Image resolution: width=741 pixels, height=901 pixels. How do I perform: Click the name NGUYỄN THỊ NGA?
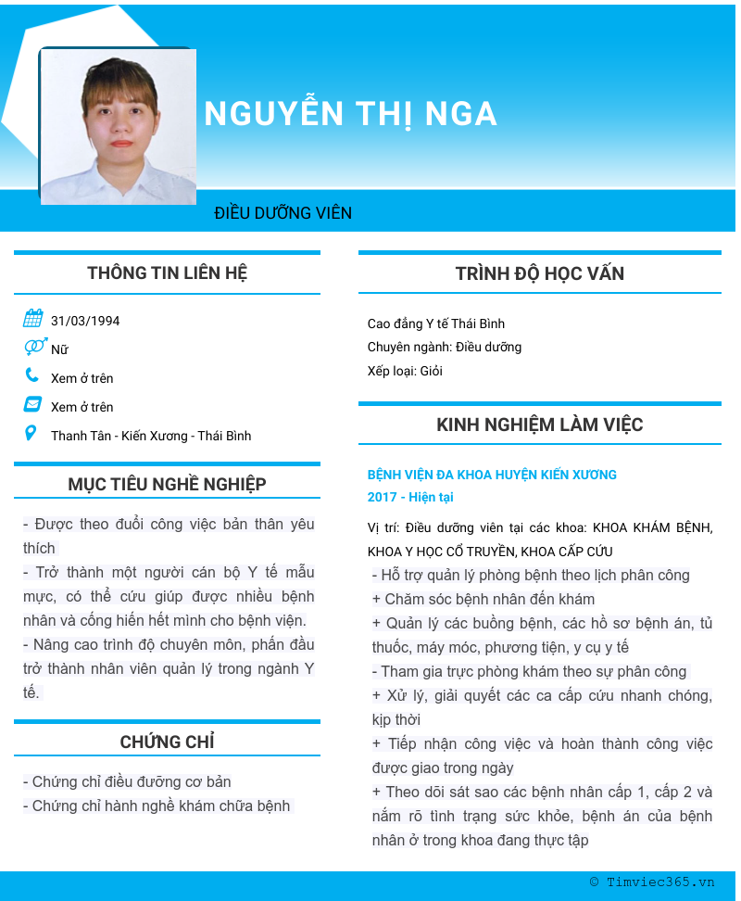[350, 114]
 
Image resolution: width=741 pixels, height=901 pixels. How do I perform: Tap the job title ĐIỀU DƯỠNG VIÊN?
[283, 213]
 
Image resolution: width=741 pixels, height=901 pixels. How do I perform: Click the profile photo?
[118, 126]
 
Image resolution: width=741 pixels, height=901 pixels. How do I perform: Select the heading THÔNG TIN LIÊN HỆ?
[167, 273]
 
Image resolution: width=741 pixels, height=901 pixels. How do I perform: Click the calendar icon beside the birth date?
[32, 319]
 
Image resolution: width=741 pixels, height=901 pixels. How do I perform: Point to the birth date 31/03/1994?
[85, 322]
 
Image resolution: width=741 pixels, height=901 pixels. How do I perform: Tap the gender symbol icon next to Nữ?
[34, 347]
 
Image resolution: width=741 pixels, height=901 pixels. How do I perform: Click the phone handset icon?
[32, 375]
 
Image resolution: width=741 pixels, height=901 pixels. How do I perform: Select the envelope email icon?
[32, 404]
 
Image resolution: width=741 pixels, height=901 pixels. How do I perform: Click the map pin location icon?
[31, 433]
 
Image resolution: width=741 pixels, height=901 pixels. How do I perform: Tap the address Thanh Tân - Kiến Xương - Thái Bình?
[151, 436]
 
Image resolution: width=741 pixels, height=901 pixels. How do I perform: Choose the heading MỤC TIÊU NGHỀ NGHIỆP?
[167, 485]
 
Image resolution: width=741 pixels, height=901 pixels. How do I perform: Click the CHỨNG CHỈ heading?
[167, 742]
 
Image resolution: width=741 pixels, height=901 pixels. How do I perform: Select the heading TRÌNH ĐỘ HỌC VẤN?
[539, 274]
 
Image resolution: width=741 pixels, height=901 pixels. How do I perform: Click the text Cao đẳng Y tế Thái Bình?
[435, 324]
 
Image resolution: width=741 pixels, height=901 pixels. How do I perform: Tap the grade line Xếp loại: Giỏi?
[405, 371]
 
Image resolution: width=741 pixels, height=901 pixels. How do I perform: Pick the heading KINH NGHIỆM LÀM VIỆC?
[539, 425]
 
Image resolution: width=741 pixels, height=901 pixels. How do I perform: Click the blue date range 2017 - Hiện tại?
[410, 497]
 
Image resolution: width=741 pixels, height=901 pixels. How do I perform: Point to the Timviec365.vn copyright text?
[652, 882]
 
